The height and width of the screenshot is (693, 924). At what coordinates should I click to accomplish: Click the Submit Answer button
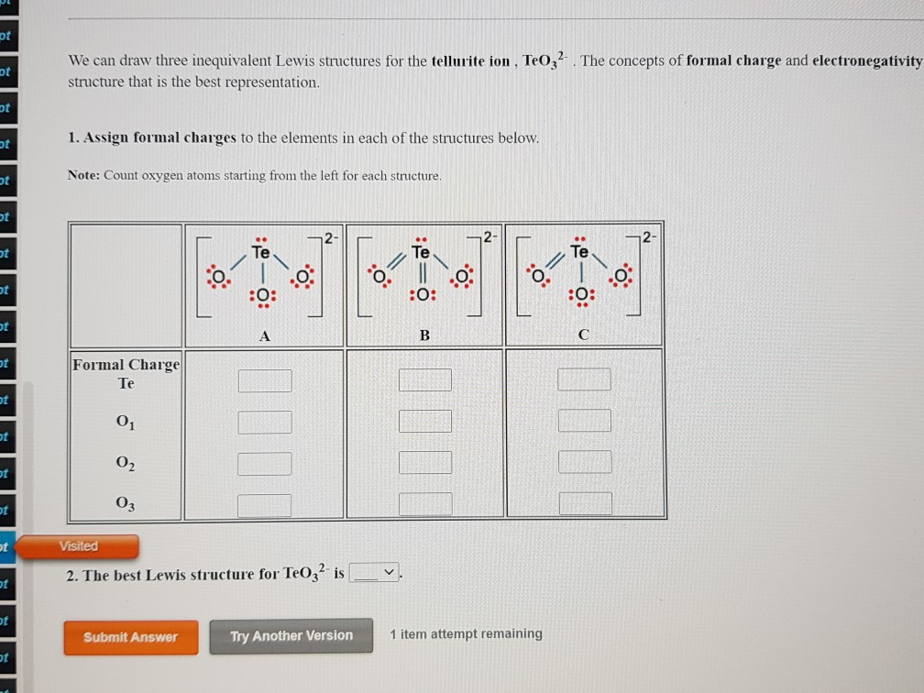pyautogui.click(x=130, y=637)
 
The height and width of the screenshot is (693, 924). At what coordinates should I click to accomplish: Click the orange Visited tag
pyautogui.click(x=79, y=546)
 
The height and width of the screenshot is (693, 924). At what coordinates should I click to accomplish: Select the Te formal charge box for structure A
pyautogui.click(x=265, y=380)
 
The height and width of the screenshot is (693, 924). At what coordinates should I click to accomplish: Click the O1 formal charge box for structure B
pyautogui.click(x=425, y=422)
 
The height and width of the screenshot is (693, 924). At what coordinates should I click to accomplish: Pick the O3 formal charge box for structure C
pyautogui.click(x=585, y=503)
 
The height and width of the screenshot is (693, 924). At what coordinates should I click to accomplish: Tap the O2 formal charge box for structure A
pyautogui.click(x=265, y=464)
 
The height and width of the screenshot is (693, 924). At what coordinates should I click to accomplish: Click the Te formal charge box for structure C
pyautogui.click(x=584, y=379)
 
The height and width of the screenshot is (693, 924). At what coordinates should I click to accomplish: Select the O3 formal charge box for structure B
pyautogui.click(x=425, y=504)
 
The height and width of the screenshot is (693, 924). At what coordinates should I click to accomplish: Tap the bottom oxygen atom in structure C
pyautogui.click(x=581, y=295)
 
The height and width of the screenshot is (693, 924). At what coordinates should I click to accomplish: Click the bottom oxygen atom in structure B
pyautogui.click(x=422, y=295)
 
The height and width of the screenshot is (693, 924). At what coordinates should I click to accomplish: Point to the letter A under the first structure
pyautogui.click(x=264, y=336)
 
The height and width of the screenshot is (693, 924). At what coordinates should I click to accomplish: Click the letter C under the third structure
pyautogui.click(x=583, y=336)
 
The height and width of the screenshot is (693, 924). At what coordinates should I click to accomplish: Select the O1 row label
pyautogui.click(x=126, y=423)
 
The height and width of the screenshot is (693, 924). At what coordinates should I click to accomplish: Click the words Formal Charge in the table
pyautogui.click(x=126, y=365)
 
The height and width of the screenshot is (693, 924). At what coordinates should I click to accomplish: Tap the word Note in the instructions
pyautogui.click(x=83, y=175)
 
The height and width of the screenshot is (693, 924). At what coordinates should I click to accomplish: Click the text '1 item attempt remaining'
pyautogui.click(x=466, y=633)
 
